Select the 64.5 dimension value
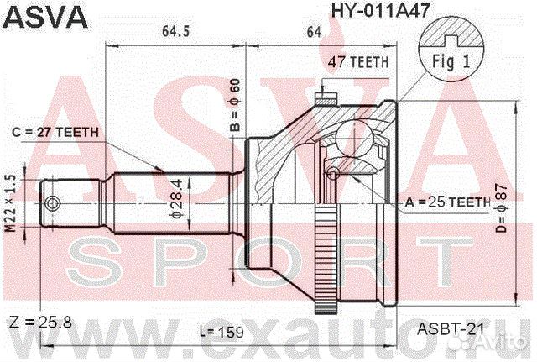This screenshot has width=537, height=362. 175,33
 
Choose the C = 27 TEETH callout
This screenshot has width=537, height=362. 55,133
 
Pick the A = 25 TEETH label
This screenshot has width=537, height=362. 447,202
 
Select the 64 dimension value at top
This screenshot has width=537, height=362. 315,33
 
